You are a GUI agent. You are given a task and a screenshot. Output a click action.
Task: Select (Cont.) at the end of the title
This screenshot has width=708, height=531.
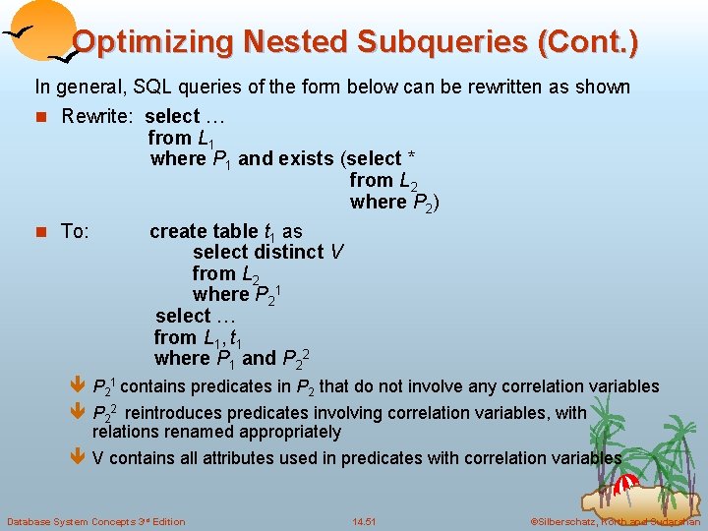tap(590, 42)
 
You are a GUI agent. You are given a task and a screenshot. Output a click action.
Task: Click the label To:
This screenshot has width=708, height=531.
tap(76, 231)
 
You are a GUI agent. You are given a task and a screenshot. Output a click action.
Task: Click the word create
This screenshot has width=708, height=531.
tap(182, 231)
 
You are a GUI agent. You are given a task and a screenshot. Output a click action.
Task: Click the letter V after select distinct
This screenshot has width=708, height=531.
tap(336, 252)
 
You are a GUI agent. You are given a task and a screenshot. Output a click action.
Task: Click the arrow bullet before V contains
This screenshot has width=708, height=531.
tap(80, 457)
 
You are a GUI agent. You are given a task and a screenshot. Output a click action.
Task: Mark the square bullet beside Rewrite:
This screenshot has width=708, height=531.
tap(40, 117)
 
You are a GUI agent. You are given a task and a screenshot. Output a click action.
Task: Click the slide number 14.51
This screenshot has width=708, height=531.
tap(364, 520)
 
